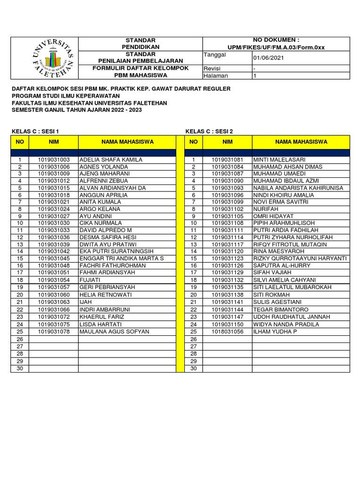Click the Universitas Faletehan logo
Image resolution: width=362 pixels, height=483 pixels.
click(53, 58)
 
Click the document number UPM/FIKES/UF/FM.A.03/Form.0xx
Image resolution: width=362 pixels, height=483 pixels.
click(276, 47)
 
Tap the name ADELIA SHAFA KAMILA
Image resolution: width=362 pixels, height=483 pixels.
click(111, 160)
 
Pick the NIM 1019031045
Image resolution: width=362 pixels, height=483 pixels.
click(54, 258)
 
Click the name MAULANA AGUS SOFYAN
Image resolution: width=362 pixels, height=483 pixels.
click(114, 332)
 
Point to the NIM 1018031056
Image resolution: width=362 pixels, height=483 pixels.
click(227, 332)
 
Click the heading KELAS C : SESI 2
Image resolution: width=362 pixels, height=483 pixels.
click(209, 131)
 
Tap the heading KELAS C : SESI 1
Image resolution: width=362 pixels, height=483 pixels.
click(35, 131)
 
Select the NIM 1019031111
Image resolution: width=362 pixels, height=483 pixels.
click(227, 230)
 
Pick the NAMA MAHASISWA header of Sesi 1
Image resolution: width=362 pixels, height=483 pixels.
click(127, 142)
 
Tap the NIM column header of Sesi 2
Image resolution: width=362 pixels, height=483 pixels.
click(227, 142)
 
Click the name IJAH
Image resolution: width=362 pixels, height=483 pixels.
click(86, 302)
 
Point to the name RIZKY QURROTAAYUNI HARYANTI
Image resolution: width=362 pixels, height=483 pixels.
click(300, 258)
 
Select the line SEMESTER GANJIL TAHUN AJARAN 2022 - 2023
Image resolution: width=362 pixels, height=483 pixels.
click(77, 110)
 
